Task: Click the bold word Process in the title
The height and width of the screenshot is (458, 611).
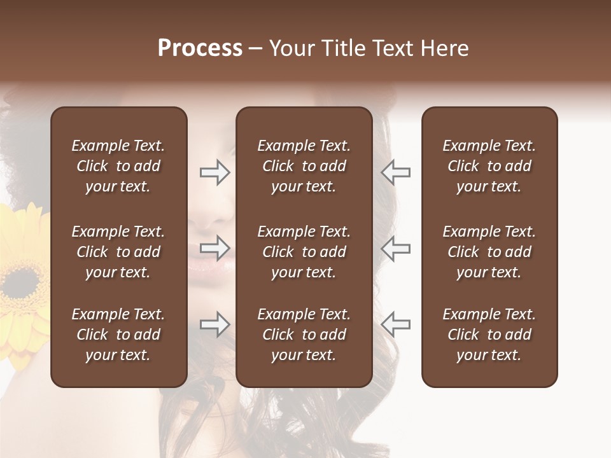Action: (200, 48)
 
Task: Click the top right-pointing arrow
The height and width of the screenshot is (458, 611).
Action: (214, 172)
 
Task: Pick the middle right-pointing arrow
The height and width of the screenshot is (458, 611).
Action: (214, 248)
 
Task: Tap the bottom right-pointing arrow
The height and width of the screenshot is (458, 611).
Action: (214, 324)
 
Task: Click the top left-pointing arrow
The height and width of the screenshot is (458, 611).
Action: (396, 172)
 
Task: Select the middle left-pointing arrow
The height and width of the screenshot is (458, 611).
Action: (396, 248)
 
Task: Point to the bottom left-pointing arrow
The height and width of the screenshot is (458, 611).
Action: (396, 324)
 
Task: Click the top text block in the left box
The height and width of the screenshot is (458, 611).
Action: (118, 166)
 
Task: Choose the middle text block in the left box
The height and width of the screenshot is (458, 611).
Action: (118, 252)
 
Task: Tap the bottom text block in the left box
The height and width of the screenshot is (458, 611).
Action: (118, 335)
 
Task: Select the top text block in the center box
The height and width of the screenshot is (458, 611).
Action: (304, 166)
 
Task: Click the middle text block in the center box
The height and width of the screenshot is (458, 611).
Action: (304, 252)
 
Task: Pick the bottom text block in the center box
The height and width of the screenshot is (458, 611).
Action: (304, 335)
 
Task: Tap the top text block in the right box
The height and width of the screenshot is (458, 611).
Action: (489, 166)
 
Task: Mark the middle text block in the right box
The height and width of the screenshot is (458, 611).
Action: (489, 252)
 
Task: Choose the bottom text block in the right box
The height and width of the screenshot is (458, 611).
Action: (489, 335)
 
